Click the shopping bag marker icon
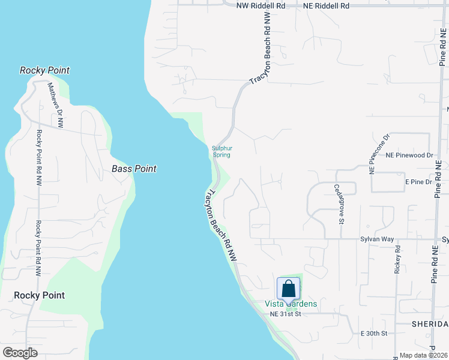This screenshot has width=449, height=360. (x=288, y=289)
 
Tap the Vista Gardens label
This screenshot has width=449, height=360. (x=291, y=304)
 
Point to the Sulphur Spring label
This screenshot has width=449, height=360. (x=222, y=151)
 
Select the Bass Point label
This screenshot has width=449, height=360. (x=134, y=169)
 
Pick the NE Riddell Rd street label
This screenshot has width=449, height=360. (x=326, y=5)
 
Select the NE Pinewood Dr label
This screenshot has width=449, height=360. (x=409, y=155)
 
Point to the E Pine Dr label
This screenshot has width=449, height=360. (x=419, y=182)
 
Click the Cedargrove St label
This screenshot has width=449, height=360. (x=340, y=200)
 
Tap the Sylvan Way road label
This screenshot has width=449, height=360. (x=377, y=239)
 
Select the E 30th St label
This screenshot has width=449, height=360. (x=375, y=333)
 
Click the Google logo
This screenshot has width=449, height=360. (x=20, y=353)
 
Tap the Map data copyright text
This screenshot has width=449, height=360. (x=423, y=355)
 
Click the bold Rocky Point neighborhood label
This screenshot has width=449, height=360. (x=39, y=295)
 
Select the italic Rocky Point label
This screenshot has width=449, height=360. (x=44, y=70)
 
